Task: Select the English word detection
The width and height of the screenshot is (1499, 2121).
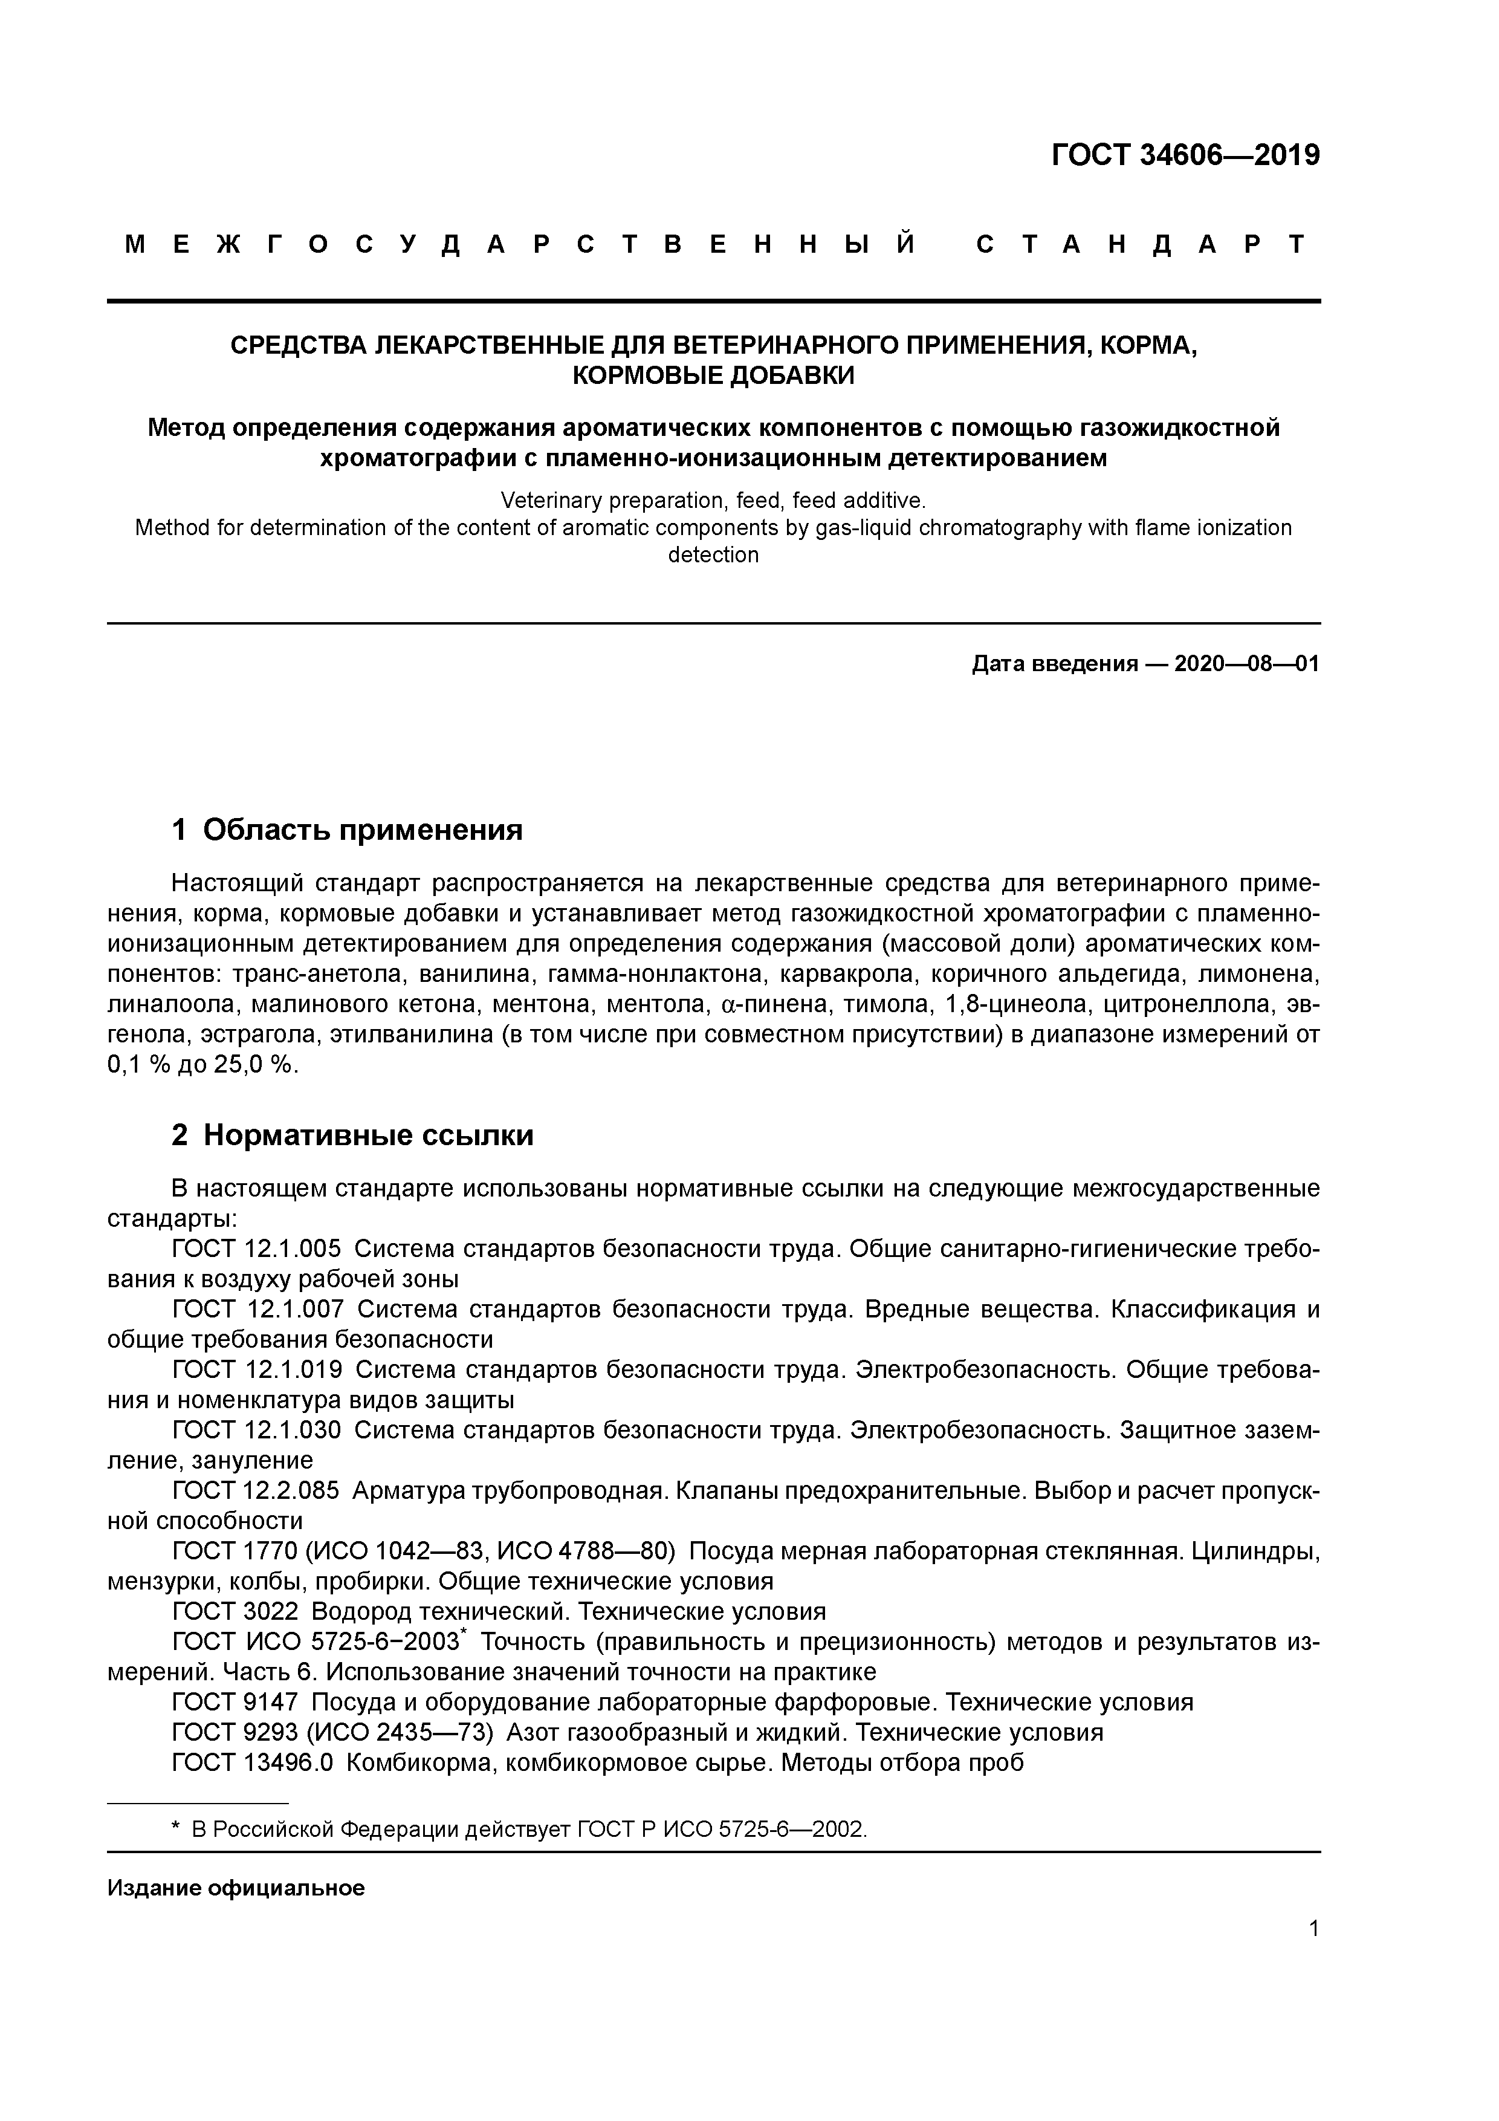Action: pos(713,555)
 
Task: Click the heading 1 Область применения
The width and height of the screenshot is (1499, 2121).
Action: pos(348,830)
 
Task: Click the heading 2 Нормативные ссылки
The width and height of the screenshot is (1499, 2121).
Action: pos(353,1134)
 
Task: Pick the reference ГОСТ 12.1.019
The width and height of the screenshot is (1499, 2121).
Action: pos(257,1369)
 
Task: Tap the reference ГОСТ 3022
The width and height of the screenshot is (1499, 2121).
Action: pos(236,1612)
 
